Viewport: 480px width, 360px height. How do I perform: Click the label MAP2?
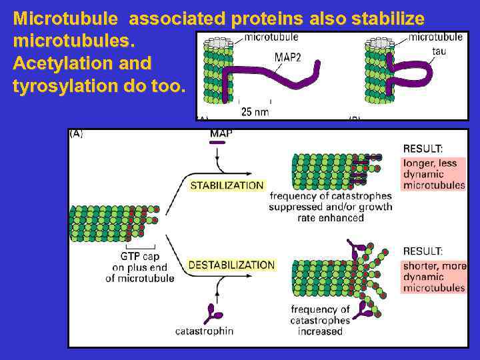(x=288, y=57)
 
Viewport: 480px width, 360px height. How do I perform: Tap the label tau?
(x=439, y=51)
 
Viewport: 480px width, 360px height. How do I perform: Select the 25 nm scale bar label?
(x=255, y=112)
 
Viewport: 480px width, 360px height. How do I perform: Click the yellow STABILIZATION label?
(x=227, y=185)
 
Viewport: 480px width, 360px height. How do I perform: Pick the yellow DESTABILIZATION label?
(x=231, y=265)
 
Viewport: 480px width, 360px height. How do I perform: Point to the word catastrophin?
(x=204, y=331)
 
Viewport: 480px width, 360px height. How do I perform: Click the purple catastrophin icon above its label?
(x=215, y=313)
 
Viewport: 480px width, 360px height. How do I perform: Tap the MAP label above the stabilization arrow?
(x=221, y=133)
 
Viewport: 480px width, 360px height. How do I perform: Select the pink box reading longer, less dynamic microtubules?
(x=433, y=174)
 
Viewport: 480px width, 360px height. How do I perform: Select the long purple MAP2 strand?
(x=280, y=77)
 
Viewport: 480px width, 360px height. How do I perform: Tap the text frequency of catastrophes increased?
(x=320, y=320)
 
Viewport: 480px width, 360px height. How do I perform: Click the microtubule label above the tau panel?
(x=435, y=37)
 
